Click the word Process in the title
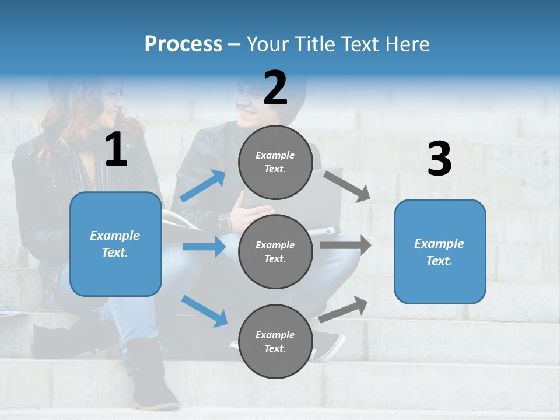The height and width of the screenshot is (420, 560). point(183,44)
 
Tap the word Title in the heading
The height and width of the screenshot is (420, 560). point(314,44)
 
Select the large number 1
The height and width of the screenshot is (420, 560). point(116,150)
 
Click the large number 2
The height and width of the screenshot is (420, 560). point(275,88)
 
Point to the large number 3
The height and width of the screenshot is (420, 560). point(439,159)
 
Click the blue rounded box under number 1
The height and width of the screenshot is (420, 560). point(116,244)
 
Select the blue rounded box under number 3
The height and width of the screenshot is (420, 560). point(440,251)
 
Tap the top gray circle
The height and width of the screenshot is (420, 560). point(275,162)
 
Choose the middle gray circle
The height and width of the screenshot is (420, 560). point(275,251)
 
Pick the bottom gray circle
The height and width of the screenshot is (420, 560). point(275,341)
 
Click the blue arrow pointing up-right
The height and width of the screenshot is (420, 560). point(203,186)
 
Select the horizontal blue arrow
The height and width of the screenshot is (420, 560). point(204,247)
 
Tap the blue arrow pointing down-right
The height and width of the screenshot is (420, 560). point(204,310)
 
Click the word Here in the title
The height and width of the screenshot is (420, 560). point(407,44)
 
